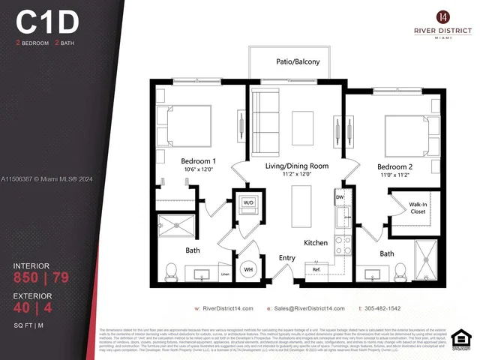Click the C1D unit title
point(47,22)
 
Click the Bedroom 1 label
point(198,161)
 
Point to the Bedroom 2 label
point(394,166)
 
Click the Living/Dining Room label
point(297,166)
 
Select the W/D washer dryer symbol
point(248,202)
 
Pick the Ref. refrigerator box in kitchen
point(316,268)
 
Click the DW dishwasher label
point(340,198)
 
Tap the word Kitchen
point(316,243)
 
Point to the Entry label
point(287,258)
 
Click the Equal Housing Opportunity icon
point(464,340)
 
